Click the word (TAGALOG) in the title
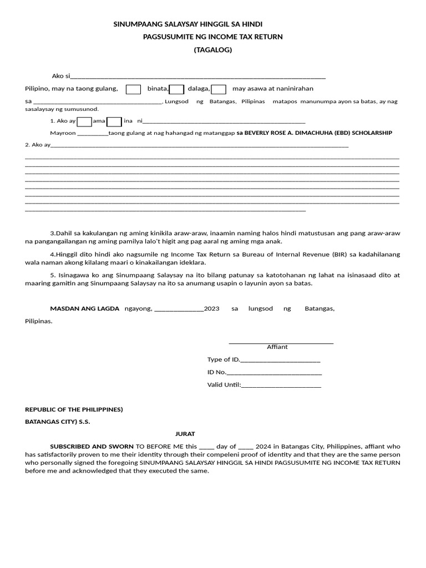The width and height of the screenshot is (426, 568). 212,50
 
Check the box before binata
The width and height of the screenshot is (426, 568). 133,89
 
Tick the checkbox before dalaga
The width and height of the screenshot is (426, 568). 176,89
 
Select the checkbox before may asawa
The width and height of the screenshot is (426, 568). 219,89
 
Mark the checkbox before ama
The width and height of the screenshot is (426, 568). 84,121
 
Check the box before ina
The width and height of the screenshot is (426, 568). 114,121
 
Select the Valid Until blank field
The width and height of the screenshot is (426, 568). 281,386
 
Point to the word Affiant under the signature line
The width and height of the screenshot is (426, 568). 277,347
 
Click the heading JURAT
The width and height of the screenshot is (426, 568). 186,434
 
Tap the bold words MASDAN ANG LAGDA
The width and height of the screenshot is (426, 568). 85,309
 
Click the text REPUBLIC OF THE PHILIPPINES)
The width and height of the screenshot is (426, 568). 74,410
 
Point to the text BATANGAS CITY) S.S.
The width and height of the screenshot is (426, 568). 58,422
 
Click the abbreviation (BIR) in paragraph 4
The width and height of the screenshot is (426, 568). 340,255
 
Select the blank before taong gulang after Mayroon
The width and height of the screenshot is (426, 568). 93,134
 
